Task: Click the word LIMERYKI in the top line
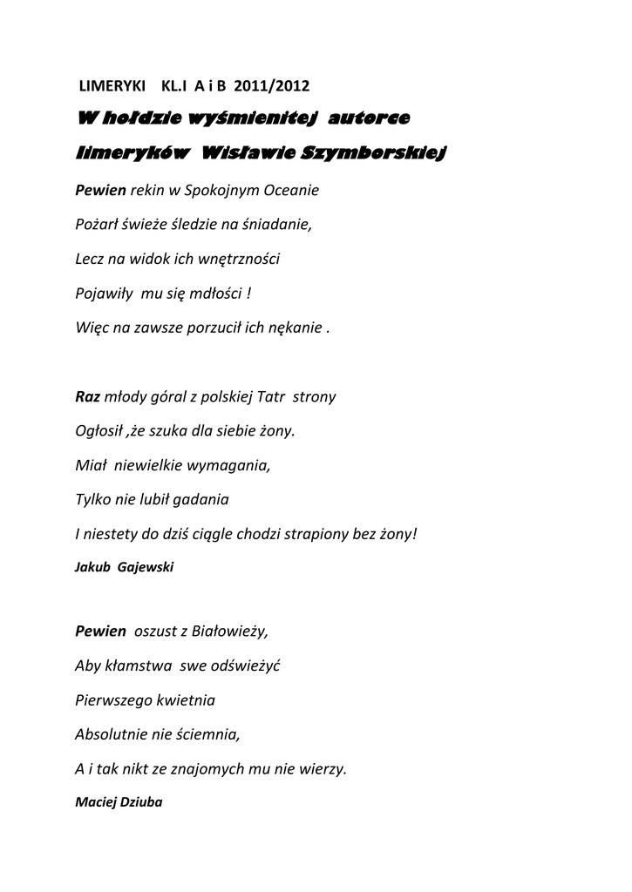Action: (112, 86)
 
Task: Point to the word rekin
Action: (147, 189)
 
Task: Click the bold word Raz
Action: (88, 397)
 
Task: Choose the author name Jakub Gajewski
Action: (125, 567)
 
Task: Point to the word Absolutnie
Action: (112, 734)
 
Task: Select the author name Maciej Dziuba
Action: (119, 802)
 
